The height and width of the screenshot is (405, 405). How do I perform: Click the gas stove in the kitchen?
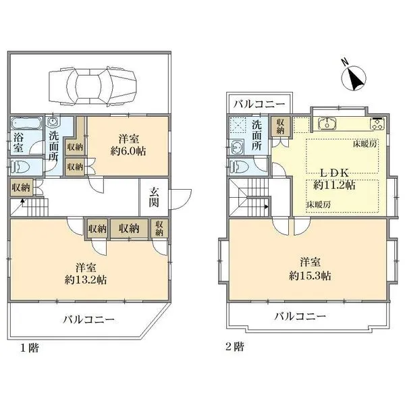click(x=375, y=124)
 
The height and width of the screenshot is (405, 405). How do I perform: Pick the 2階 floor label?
click(x=235, y=348)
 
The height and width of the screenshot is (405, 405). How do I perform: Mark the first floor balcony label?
click(x=89, y=320)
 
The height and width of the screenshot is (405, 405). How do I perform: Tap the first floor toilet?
click(x=22, y=167)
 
